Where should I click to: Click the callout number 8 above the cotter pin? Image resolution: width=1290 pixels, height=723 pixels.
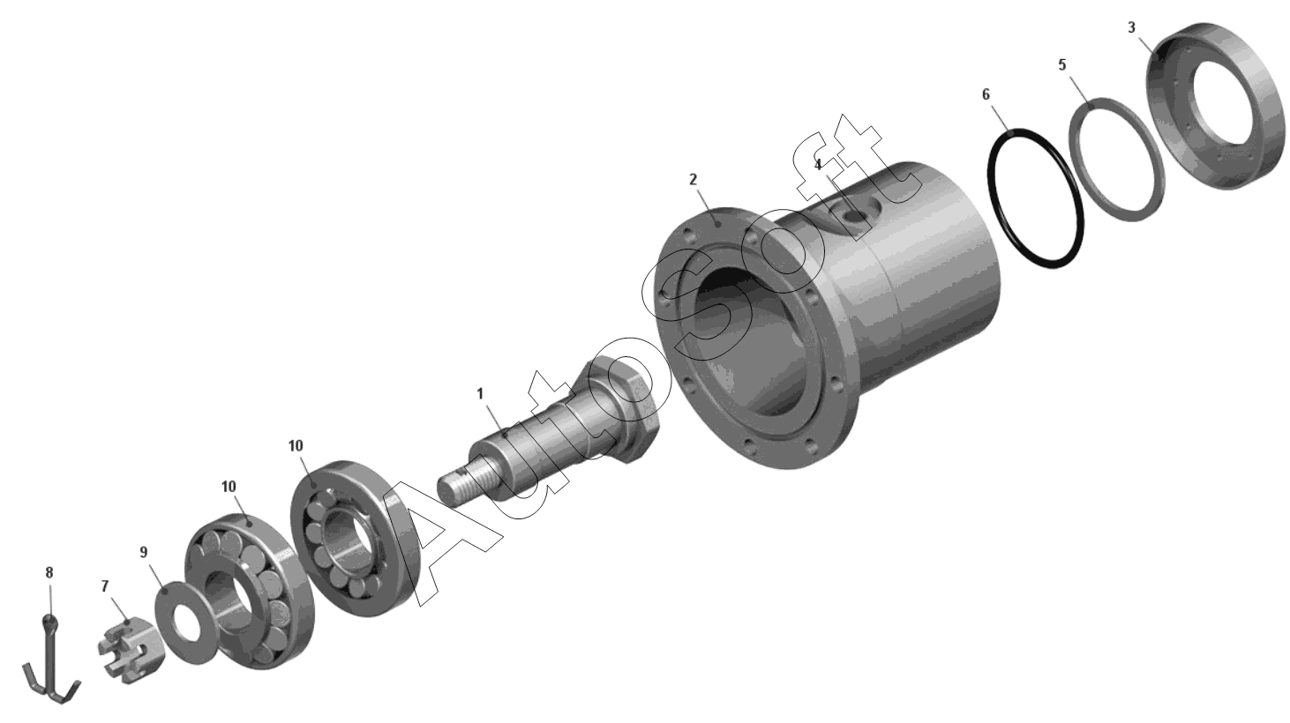coord(49,573)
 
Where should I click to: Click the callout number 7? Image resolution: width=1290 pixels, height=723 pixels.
coord(105,586)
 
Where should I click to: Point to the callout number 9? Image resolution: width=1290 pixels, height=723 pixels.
coord(144,553)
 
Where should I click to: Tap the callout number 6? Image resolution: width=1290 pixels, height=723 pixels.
coord(986,94)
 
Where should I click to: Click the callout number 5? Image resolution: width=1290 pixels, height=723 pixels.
coord(1062,64)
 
